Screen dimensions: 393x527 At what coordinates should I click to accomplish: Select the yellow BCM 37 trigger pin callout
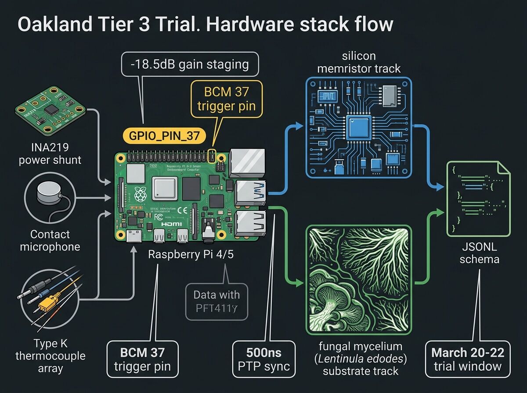pos(226,100)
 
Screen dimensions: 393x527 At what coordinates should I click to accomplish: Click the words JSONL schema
pos(478,253)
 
